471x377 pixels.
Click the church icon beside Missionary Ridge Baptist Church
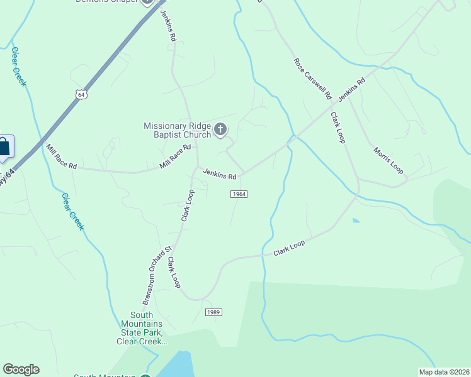tap(220, 130)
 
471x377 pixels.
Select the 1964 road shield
tap(238, 194)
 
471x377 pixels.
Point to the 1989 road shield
tap(213, 312)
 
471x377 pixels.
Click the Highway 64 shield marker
tap(80, 94)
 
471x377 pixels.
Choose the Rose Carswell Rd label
tap(312, 79)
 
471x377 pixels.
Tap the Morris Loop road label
tap(388, 161)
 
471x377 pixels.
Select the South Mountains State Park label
tap(141, 328)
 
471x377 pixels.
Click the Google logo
tap(21, 369)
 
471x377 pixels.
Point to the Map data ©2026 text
tap(444, 371)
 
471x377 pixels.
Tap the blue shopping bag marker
tap(4, 148)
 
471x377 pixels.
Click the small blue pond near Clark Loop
tap(356, 221)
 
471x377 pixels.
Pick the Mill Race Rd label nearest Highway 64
tap(61, 157)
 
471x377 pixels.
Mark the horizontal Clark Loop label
tap(289, 248)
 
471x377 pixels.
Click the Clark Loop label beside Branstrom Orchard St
tap(174, 272)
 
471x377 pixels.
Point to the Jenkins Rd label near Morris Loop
tap(351, 90)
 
